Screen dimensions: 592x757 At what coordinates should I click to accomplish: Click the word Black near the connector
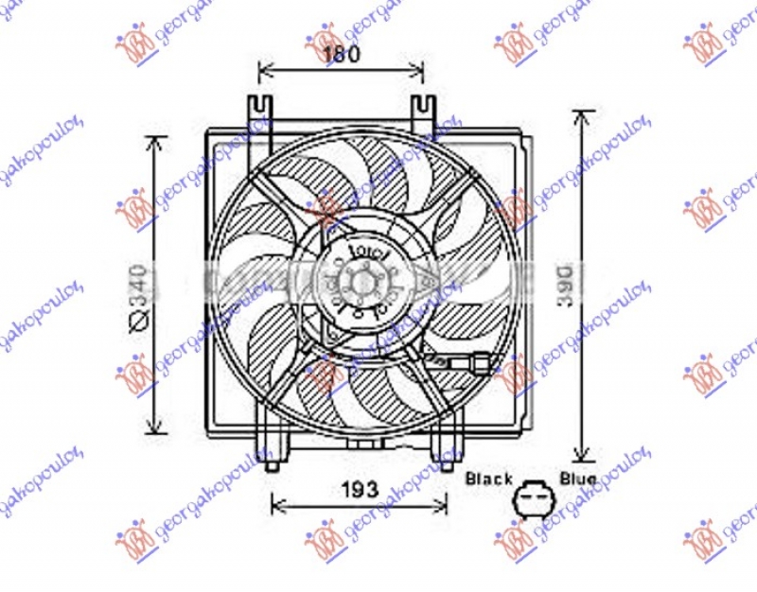pyautogui.click(x=488, y=479)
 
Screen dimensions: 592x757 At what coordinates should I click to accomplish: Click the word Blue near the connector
pyautogui.click(x=577, y=479)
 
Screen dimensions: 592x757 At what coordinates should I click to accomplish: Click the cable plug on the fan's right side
pyautogui.click(x=479, y=361)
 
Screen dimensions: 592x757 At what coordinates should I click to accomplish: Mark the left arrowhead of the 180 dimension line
pyautogui.click(x=263, y=70)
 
